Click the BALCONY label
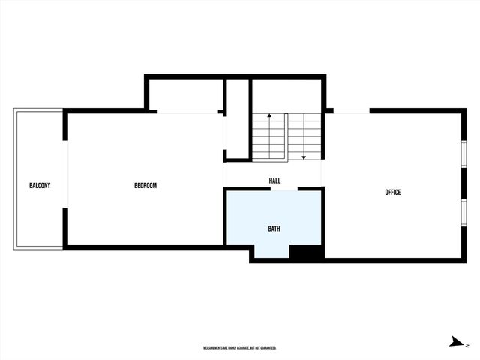[x=39, y=186]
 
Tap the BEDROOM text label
[x=145, y=186]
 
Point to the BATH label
[x=274, y=228]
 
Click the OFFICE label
[x=392, y=193]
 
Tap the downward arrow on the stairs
[x=304, y=157]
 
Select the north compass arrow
[x=455, y=342]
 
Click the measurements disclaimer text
[x=240, y=348]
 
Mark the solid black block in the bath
[x=305, y=253]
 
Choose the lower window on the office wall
[x=464, y=212]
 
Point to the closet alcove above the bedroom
[x=185, y=95]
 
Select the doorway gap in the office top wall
[x=351, y=111]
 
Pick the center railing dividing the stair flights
[x=286, y=136]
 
